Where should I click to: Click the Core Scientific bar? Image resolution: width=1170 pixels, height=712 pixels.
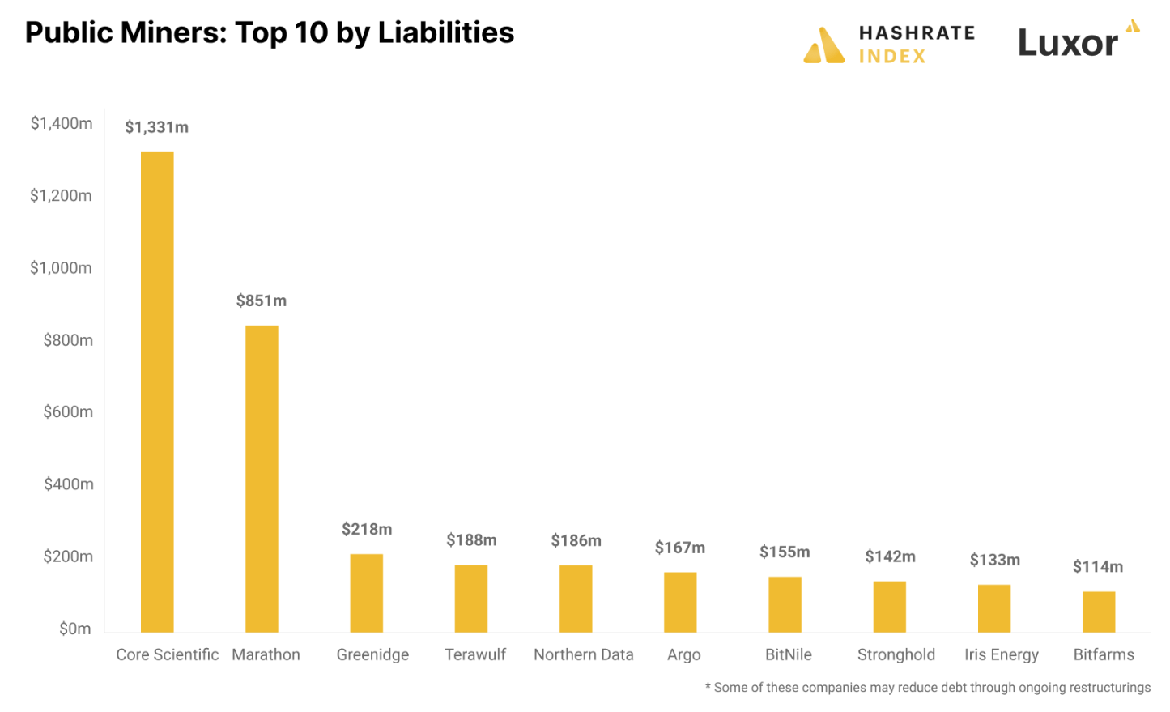click(x=157, y=392)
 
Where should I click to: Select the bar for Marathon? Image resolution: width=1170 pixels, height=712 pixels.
click(x=262, y=479)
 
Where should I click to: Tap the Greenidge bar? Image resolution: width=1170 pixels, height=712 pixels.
click(x=366, y=593)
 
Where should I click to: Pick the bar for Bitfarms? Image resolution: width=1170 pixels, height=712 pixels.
click(x=1099, y=612)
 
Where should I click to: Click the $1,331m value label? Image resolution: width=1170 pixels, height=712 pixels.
click(x=156, y=127)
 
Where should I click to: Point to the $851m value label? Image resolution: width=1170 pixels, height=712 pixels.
click(x=261, y=301)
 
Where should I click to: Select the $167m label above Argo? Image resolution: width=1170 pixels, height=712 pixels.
click(x=679, y=548)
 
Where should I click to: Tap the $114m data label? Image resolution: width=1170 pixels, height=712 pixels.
click(x=1097, y=566)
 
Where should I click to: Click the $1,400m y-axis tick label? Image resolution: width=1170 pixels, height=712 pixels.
click(x=62, y=123)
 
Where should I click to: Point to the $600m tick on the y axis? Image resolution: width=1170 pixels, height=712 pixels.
click(x=68, y=411)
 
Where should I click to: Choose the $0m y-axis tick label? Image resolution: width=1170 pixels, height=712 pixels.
click(x=74, y=629)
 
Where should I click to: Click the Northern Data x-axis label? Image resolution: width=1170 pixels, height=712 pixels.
click(x=583, y=654)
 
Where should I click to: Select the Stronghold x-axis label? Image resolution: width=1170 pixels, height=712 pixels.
click(x=896, y=654)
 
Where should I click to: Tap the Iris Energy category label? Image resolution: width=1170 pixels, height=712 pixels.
click(x=1001, y=654)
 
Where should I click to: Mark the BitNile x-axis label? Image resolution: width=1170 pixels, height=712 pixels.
click(x=788, y=654)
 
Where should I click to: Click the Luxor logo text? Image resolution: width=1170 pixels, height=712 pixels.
click(x=1067, y=43)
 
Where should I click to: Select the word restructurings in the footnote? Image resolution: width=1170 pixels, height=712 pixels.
click(x=1109, y=687)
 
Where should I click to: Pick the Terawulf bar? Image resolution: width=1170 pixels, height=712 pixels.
click(x=470, y=599)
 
